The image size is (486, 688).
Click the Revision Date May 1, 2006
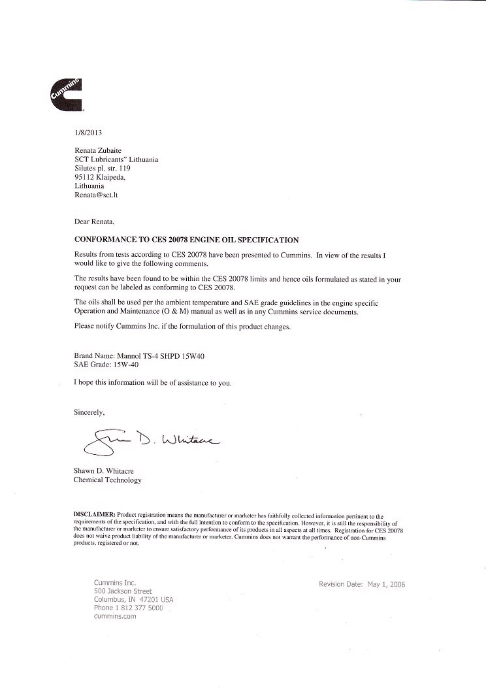[x=362, y=584]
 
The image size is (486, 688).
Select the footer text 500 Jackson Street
[x=123, y=591]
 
